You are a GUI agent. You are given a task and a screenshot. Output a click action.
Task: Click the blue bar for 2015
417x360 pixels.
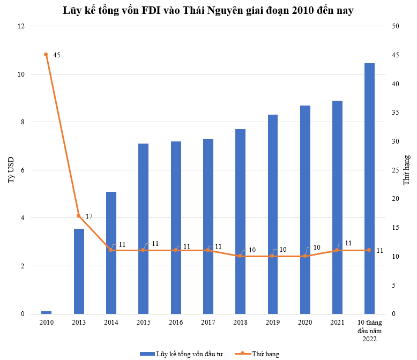(x=143, y=229)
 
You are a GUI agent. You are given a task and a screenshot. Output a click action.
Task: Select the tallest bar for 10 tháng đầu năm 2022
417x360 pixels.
(x=369, y=189)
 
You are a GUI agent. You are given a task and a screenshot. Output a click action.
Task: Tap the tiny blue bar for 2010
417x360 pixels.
(x=46, y=312)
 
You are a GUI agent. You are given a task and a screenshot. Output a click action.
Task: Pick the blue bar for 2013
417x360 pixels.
(x=79, y=271)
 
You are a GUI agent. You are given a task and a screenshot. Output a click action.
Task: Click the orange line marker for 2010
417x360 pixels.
(x=46, y=55)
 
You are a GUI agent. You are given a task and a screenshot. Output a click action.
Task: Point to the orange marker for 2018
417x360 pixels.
(x=240, y=256)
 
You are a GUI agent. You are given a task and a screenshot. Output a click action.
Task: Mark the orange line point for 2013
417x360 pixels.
(x=78, y=216)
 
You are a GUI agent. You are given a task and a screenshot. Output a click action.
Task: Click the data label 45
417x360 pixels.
(x=57, y=55)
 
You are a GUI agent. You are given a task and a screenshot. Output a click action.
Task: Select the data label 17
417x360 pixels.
(x=89, y=216)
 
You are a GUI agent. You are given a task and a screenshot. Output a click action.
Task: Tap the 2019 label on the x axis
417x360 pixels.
(x=273, y=322)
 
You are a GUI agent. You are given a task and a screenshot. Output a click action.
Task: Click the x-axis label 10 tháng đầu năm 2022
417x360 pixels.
(x=370, y=331)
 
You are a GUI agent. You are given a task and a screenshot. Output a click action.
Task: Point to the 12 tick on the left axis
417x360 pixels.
(x=21, y=26)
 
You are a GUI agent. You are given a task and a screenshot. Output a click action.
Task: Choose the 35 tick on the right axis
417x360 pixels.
(x=396, y=112)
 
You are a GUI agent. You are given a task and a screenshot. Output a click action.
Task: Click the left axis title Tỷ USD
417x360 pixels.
(x=11, y=170)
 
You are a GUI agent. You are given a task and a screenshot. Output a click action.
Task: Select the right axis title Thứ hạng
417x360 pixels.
(x=407, y=170)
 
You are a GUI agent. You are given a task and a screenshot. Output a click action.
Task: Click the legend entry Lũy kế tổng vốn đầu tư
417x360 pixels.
(x=181, y=354)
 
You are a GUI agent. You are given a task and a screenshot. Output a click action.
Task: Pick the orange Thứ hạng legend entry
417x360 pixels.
(x=257, y=354)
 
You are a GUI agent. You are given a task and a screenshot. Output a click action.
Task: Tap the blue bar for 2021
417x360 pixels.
(x=337, y=207)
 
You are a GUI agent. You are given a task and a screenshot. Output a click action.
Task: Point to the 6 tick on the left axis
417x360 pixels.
(x=23, y=170)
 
